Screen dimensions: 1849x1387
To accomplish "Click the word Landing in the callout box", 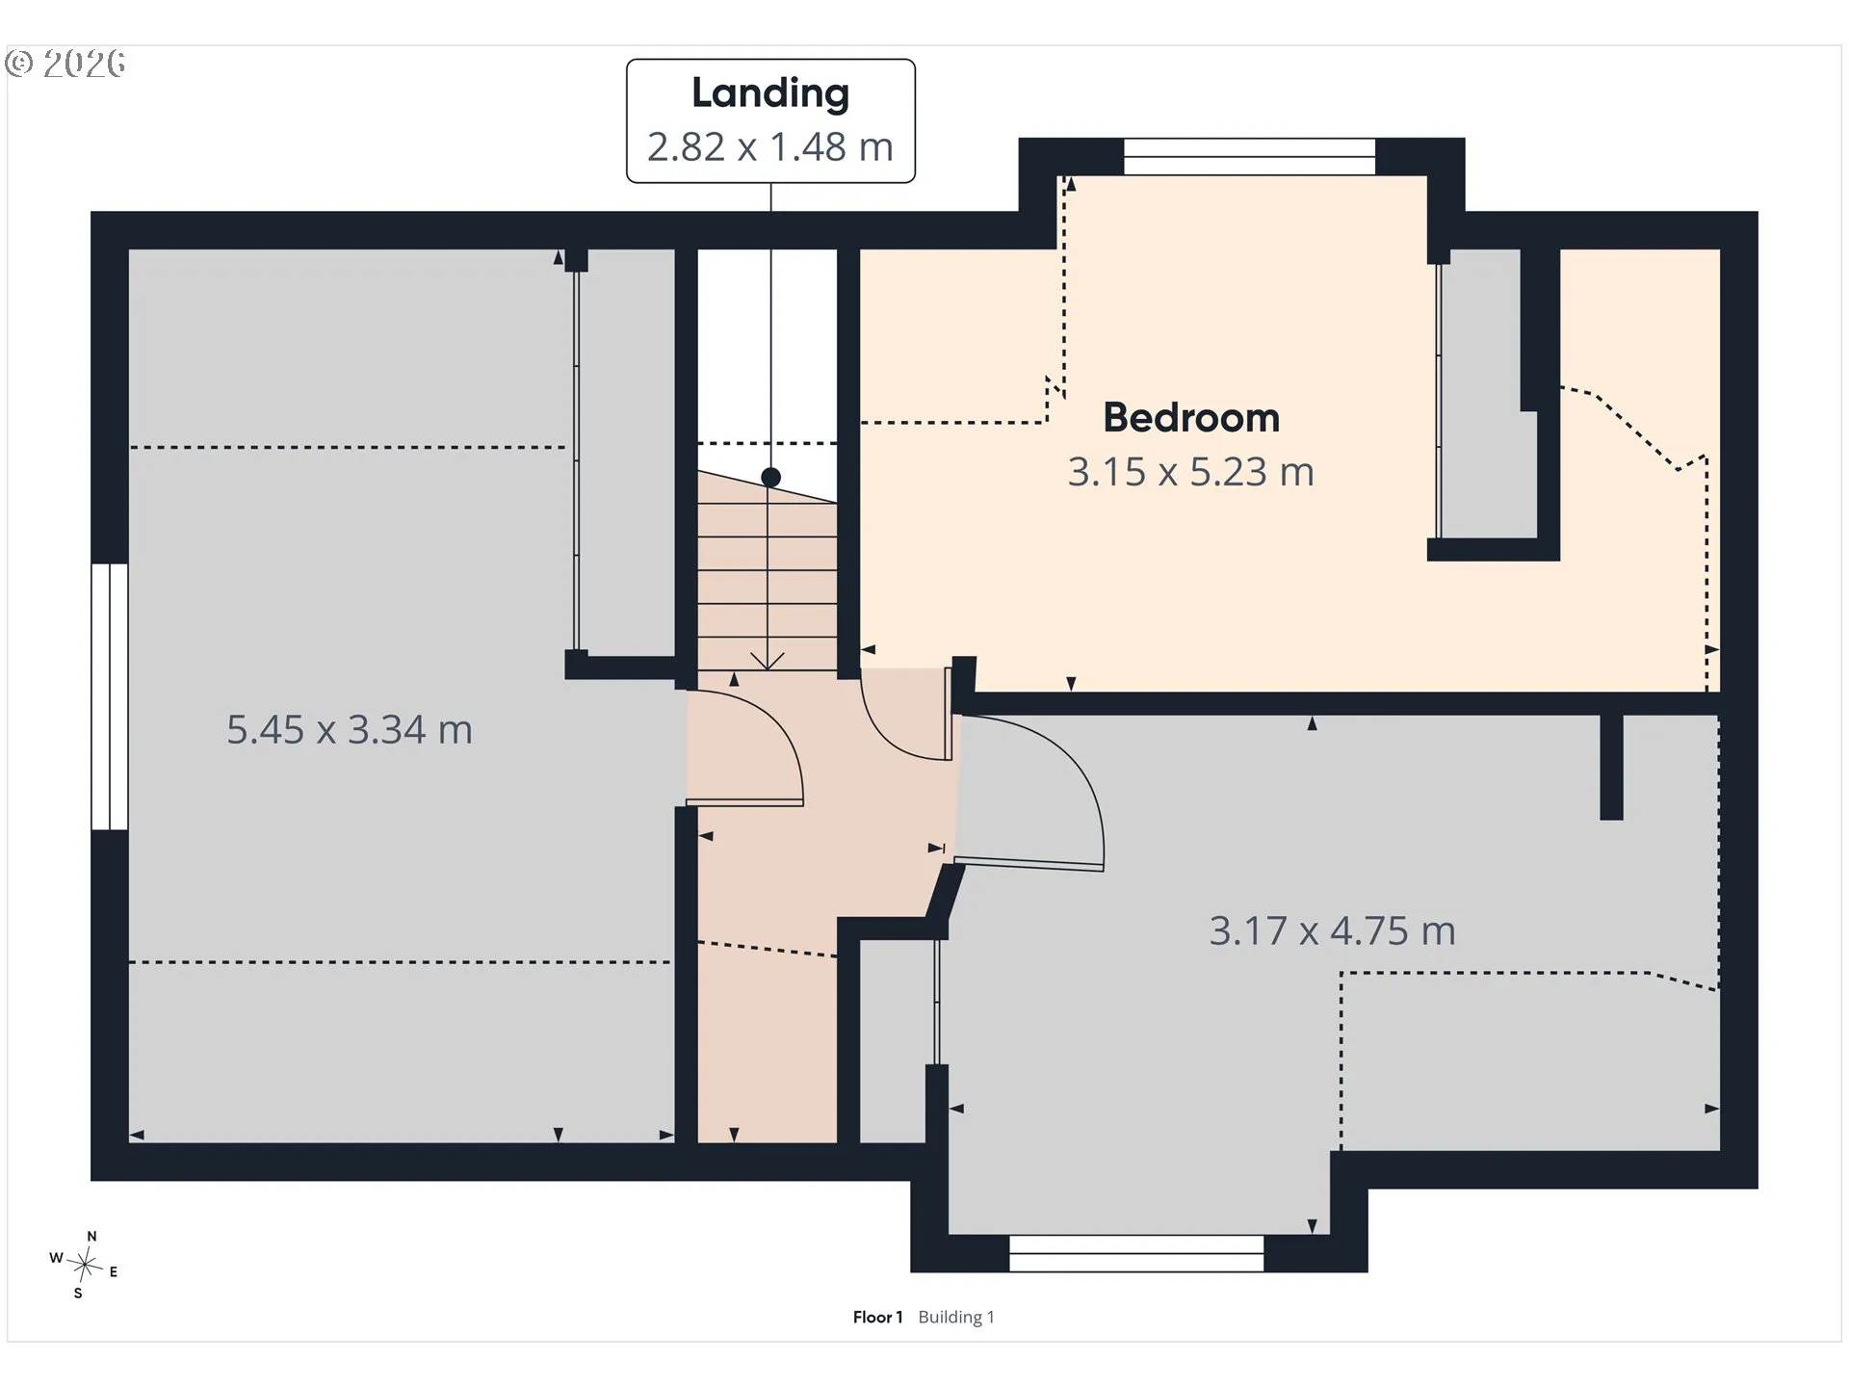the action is (770, 94).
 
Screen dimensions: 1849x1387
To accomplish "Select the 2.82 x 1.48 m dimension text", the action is (770, 146).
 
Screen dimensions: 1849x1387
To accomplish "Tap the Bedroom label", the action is (1191, 418).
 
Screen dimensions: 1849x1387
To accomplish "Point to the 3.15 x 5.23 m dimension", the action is (1191, 472).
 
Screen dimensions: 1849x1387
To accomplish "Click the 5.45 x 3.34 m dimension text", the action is (350, 730).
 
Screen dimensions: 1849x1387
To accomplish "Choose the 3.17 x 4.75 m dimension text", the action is (1333, 931).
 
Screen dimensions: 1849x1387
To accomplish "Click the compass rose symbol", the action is (85, 1264).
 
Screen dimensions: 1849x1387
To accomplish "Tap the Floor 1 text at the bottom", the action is (877, 1317).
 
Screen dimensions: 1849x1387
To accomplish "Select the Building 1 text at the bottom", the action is (956, 1317).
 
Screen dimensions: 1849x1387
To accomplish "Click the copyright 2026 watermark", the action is (65, 64).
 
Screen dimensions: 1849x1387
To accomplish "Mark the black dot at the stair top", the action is (770, 477).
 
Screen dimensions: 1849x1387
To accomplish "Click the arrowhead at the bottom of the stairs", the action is (768, 662).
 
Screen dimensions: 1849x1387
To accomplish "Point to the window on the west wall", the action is (110, 696).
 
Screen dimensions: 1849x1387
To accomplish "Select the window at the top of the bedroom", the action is (1250, 157).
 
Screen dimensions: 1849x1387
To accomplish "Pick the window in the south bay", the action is (1136, 1253).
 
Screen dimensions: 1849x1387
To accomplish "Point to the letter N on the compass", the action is (91, 1236).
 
